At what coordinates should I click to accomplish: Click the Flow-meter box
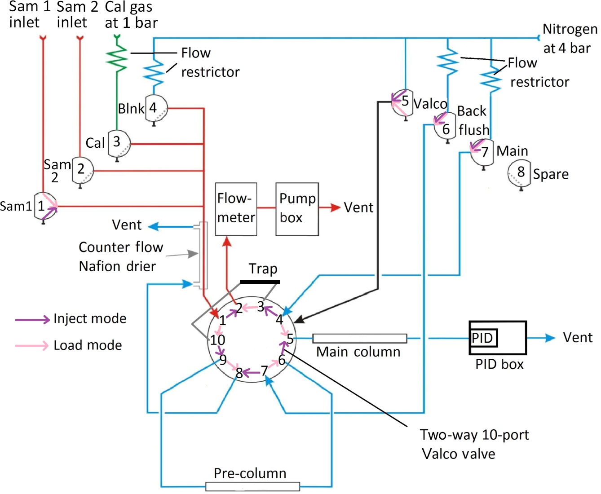(x=236, y=209)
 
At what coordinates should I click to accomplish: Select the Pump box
(x=297, y=209)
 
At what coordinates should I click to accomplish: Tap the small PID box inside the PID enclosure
(x=483, y=338)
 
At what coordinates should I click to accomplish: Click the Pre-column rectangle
(x=252, y=486)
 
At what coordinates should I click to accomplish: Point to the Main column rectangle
(x=359, y=338)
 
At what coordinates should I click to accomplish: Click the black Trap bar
(x=260, y=282)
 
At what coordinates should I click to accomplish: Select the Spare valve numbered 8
(x=519, y=173)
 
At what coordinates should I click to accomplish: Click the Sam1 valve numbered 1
(x=45, y=207)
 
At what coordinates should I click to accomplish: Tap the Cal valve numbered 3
(x=119, y=143)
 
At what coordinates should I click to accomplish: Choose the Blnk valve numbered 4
(x=156, y=108)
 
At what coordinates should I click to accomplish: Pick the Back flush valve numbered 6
(x=445, y=127)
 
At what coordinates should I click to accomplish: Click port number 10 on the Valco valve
(x=217, y=340)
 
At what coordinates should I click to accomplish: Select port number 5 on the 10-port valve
(x=290, y=339)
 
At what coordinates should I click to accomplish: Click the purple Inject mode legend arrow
(x=32, y=319)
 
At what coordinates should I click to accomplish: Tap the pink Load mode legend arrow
(x=32, y=345)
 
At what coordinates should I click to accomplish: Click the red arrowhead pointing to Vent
(x=335, y=207)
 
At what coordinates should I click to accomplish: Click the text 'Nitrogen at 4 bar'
(x=569, y=39)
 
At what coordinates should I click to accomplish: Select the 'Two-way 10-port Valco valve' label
(x=474, y=444)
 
